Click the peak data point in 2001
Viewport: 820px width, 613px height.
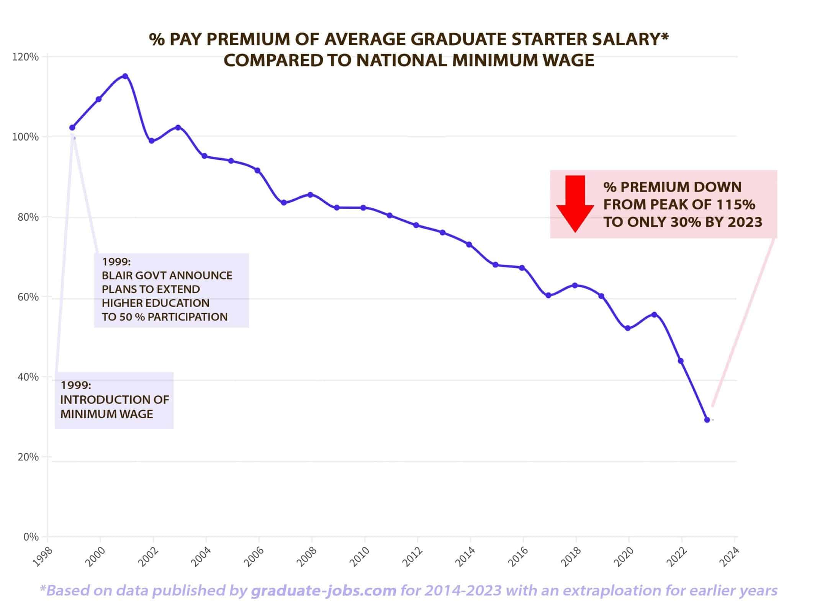[x=125, y=76]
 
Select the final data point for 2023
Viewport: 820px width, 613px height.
[x=707, y=420]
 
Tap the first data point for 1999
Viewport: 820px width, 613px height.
[x=72, y=128]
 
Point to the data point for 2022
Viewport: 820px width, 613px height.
[x=681, y=361]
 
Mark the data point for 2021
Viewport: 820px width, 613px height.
[x=654, y=315]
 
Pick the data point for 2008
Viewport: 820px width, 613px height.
[x=311, y=195]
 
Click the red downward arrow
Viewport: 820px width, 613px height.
[x=575, y=204]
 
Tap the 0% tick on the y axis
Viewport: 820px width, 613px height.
[x=31, y=537]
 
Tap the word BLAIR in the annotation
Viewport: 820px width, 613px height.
[x=116, y=276]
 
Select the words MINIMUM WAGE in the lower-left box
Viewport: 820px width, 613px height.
[x=107, y=414]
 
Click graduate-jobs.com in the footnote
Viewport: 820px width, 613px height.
[x=324, y=590]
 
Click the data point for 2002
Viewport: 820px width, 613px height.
[x=152, y=141]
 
